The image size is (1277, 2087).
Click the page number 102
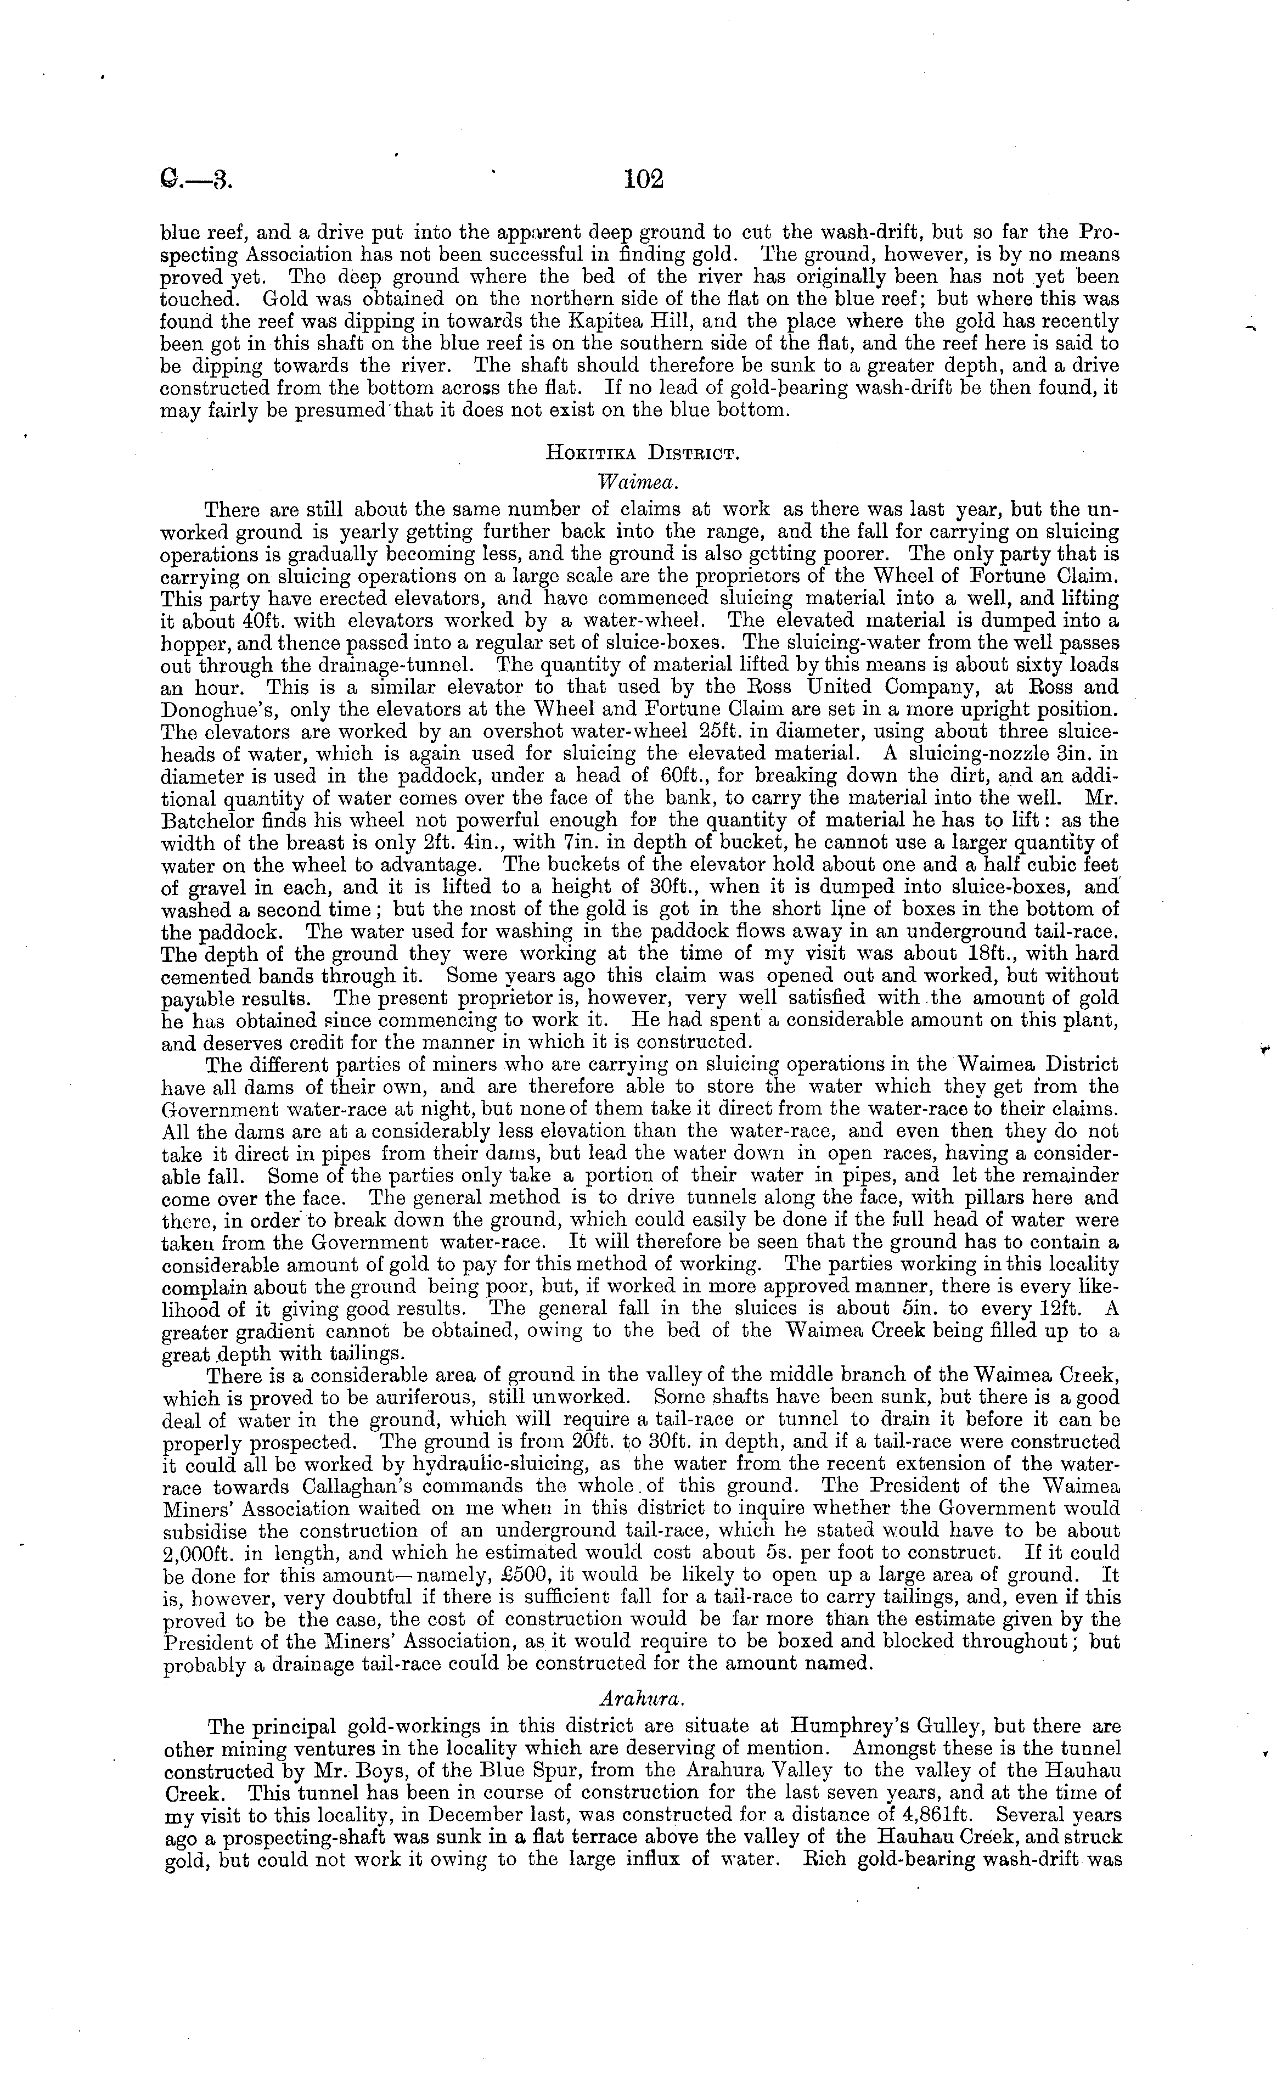[644, 179]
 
